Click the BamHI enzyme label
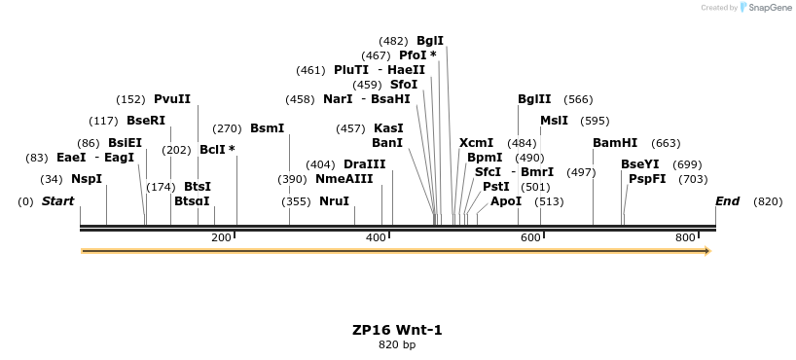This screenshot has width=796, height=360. [x=615, y=143]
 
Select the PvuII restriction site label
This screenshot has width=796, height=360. [x=172, y=99]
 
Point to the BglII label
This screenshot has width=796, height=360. [x=534, y=99]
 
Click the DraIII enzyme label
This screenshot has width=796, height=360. [x=365, y=164]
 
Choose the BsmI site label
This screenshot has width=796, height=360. [x=268, y=128]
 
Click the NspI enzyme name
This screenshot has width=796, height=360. [x=87, y=179]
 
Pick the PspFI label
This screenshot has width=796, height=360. [x=647, y=179]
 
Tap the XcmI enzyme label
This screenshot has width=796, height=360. [x=477, y=143]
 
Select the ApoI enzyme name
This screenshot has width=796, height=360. [x=506, y=201]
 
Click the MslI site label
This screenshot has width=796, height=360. [x=554, y=121]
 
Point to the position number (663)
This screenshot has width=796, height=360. [x=666, y=143]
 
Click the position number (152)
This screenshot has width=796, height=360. [x=130, y=99]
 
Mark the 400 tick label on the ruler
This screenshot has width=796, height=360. [x=376, y=238]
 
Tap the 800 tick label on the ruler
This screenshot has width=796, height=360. [x=684, y=238]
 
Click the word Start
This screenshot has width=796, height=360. [x=57, y=201]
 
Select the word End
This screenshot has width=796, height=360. [x=727, y=201]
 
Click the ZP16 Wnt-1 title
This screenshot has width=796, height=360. [x=397, y=330]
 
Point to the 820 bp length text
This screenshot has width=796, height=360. [x=397, y=345]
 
